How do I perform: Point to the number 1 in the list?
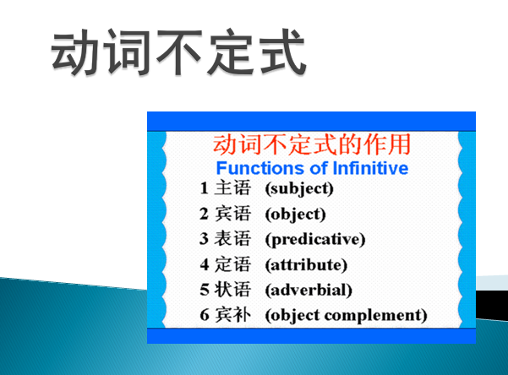click(204, 188)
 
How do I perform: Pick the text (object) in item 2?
click(295, 214)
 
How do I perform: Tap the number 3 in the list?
click(204, 239)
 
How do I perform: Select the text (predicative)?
click(314, 239)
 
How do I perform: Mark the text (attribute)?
click(305, 264)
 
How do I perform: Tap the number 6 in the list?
click(204, 316)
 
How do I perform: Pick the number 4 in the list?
click(204, 264)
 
